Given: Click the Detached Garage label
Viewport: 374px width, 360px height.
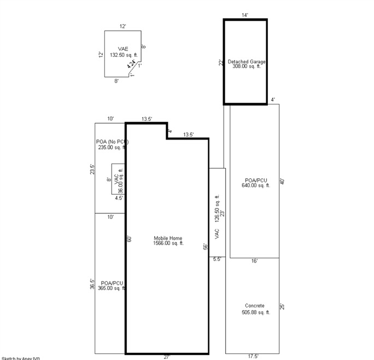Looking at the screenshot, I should point(246,62).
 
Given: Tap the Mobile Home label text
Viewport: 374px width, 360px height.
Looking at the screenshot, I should point(168,238).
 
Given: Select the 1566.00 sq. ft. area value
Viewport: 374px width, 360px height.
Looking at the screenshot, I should point(168,243).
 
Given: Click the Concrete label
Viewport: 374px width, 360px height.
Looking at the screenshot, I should point(255,306).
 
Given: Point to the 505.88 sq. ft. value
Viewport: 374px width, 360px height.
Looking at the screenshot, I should point(255,312).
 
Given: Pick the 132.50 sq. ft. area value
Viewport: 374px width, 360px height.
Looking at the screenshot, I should point(123,55).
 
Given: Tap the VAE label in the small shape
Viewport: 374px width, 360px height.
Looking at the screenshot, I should point(123,49).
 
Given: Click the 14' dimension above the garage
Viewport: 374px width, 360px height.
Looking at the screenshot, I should point(245,15).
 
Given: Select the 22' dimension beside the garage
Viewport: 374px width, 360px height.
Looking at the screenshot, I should point(220,62).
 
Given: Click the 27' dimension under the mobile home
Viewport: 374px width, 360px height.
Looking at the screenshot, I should point(167,357).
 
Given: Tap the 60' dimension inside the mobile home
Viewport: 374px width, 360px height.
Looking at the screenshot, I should point(130,239).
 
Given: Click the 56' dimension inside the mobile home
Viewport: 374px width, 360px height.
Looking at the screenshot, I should point(205,246).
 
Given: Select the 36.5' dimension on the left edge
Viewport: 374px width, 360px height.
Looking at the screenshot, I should point(92,284).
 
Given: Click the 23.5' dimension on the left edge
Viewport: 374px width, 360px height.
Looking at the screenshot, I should point(92,170).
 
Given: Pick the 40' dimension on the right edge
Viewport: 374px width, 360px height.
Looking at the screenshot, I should point(282,181).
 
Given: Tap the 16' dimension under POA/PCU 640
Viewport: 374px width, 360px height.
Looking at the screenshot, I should point(254,262).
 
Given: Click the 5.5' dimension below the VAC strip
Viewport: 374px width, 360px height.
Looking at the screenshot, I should point(217,259).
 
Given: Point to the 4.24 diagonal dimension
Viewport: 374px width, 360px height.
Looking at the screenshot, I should point(131,63).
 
